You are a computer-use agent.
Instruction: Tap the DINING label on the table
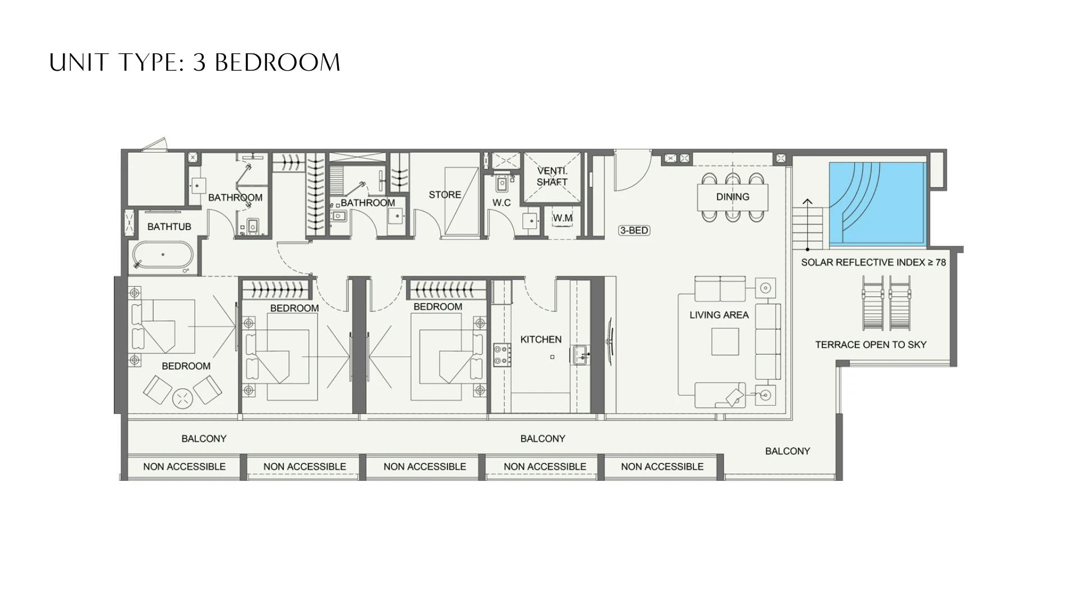(733, 197)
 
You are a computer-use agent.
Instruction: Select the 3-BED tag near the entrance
(634, 230)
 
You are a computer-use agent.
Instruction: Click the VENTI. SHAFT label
(552, 176)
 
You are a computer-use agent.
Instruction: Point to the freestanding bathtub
(163, 255)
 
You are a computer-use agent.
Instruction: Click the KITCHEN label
(541, 339)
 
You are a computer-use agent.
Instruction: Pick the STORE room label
(445, 195)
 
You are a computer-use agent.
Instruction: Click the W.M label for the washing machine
(563, 218)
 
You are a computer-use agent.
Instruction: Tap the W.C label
(501, 203)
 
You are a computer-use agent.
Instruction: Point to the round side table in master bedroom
(182, 398)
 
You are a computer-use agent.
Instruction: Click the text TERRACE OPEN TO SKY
(871, 345)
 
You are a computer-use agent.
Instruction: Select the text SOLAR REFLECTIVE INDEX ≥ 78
(873, 262)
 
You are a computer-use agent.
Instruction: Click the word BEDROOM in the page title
(278, 62)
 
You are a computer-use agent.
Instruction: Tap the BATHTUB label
(169, 227)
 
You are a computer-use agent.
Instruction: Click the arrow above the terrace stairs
(807, 202)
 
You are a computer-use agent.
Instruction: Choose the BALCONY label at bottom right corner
(788, 451)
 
